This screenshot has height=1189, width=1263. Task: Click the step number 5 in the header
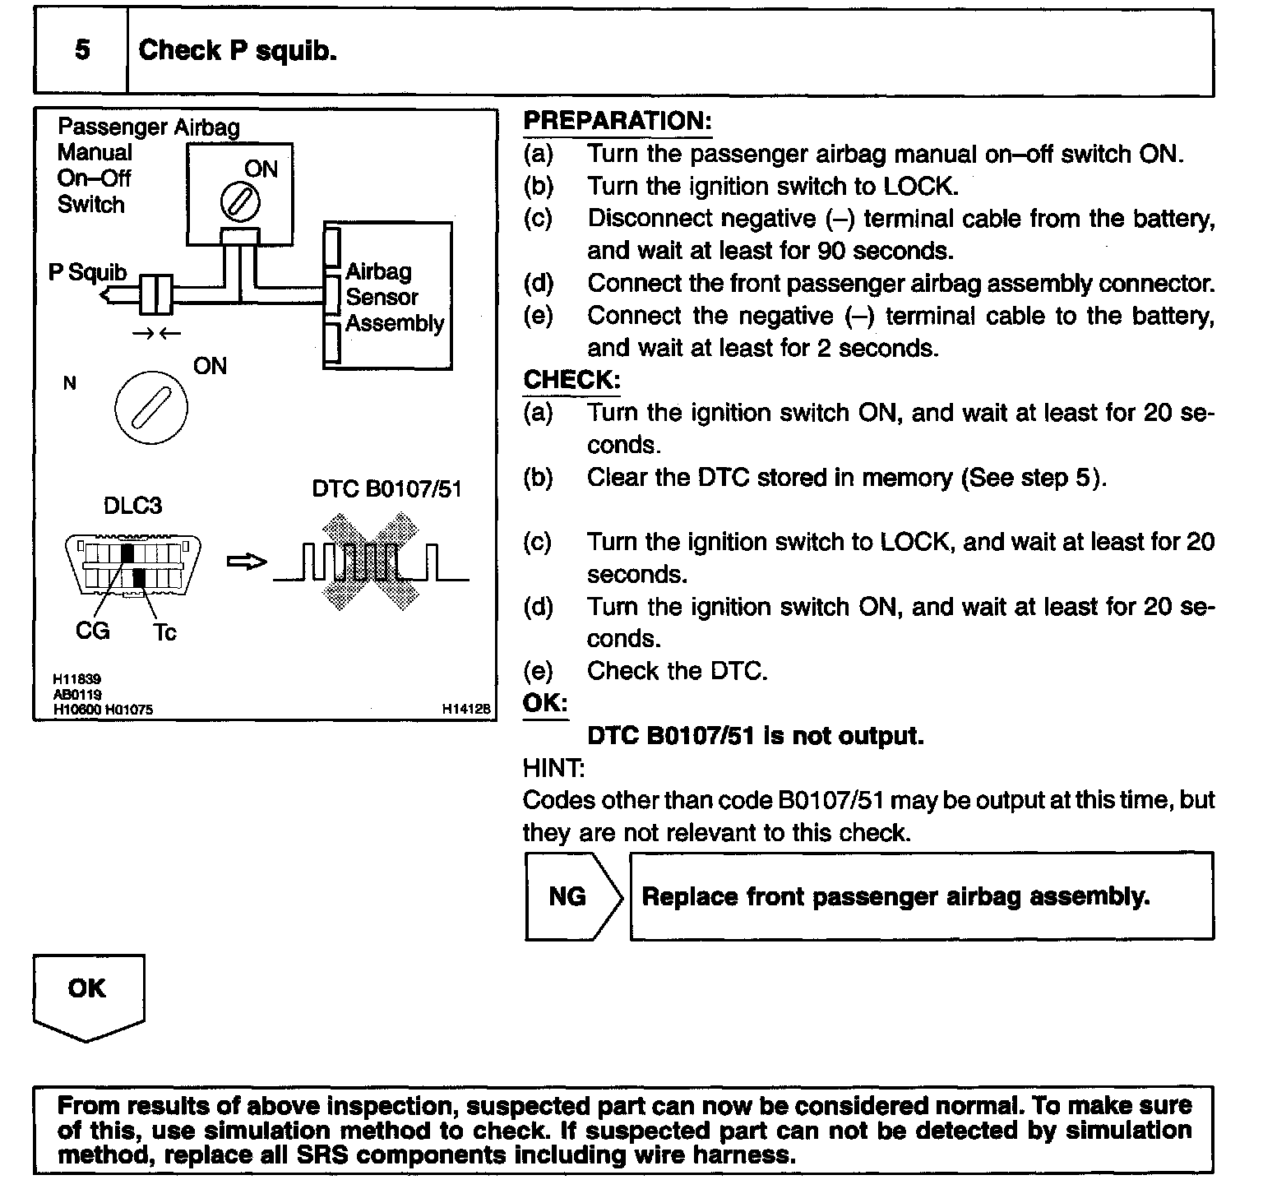point(82,50)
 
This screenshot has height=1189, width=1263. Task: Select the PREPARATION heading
point(618,121)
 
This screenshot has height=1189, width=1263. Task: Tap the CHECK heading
point(571,380)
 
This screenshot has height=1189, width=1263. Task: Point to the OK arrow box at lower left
point(88,993)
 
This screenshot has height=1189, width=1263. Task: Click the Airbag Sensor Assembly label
point(394,297)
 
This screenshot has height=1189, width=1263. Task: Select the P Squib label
point(88,272)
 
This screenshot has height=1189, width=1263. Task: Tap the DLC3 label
point(132,505)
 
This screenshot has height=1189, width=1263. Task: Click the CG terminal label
point(92,632)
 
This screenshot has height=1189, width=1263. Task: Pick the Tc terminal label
point(164,632)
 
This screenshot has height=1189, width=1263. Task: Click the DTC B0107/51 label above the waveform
point(386,489)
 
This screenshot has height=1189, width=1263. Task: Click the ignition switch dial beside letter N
point(151,408)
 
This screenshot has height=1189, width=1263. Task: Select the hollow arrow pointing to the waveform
point(247,562)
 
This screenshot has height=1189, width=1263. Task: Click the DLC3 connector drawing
point(132,564)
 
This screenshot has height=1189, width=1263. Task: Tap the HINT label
point(553,768)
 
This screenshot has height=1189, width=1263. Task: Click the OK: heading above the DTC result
point(545,703)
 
